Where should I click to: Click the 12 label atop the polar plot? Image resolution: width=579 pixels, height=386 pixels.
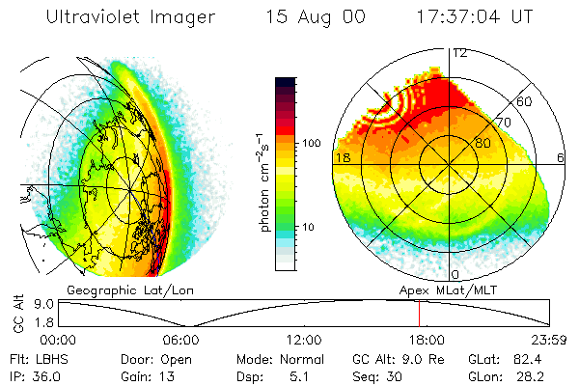(x=460, y=53)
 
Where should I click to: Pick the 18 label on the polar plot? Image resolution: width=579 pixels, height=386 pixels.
(x=342, y=156)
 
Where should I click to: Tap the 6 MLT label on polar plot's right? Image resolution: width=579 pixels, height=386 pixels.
(x=561, y=156)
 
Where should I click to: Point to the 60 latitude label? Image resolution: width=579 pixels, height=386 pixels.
(x=525, y=101)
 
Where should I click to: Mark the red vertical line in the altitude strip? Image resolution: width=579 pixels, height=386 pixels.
(x=419, y=313)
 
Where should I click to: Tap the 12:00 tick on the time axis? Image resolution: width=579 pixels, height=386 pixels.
(x=305, y=340)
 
